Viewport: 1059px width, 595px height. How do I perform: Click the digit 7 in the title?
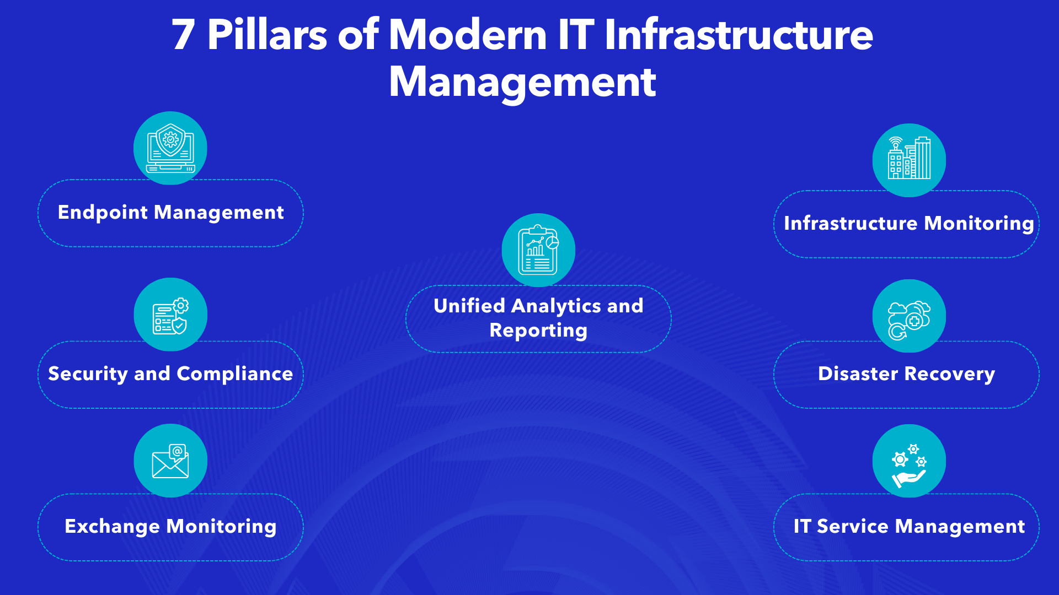tap(183, 35)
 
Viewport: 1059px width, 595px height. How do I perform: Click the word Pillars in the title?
tap(268, 35)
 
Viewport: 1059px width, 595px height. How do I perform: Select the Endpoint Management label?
tap(170, 213)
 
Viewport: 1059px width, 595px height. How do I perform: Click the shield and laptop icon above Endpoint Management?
tap(170, 148)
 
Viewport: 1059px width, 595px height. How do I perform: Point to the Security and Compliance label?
tap(170, 374)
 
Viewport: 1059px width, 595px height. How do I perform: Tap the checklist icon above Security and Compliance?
tap(170, 315)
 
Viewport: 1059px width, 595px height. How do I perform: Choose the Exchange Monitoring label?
tap(170, 527)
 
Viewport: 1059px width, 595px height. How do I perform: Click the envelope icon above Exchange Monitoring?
tap(170, 461)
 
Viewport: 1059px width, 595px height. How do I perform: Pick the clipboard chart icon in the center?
tap(538, 250)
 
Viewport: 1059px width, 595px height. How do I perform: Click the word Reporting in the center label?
tap(538, 331)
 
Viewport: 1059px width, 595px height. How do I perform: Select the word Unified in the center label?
tap(469, 306)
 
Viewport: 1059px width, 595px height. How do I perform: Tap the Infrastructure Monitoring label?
tap(908, 224)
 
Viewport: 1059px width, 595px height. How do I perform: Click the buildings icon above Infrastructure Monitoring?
tap(909, 160)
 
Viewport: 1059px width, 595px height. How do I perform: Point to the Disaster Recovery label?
tap(906, 374)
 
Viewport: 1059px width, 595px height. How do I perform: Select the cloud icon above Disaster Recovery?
tap(909, 317)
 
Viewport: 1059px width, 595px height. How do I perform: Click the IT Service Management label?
tap(909, 527)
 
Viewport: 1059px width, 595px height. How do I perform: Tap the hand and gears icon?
tap(909, 462)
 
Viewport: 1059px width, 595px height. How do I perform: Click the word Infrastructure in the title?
tap(739, 35)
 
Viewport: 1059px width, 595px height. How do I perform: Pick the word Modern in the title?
tap(468, 35)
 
